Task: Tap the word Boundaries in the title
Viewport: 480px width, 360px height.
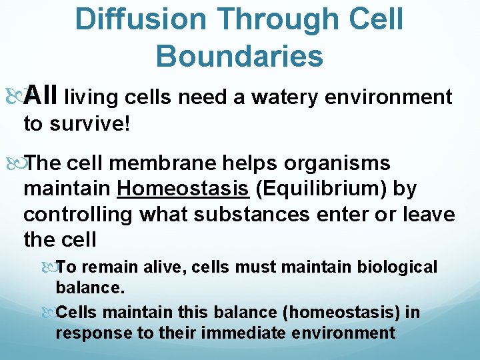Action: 239,56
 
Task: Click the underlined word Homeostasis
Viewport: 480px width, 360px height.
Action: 183,189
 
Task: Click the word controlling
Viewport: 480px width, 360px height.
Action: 79,214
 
